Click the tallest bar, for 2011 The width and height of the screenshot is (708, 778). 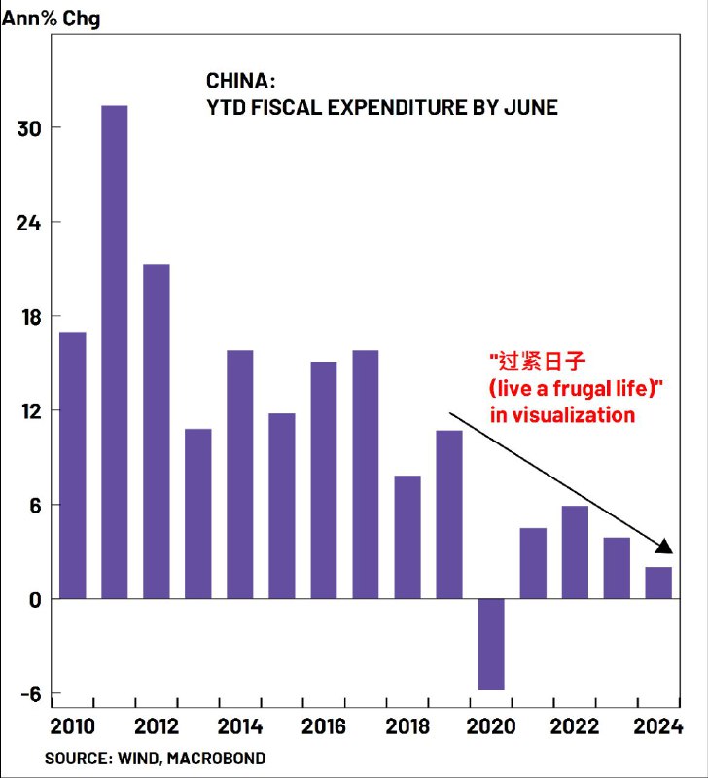[114, 351]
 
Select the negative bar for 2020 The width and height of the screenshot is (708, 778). [490, 644]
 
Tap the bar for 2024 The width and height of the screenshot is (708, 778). [658, 583]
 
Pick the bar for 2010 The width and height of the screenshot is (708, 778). [72, 465]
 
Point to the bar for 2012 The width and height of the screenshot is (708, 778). [156, 431]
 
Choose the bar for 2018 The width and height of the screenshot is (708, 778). [407, 537]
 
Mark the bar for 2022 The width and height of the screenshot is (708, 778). [575, 551]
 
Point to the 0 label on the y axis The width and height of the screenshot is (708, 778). [33, 599]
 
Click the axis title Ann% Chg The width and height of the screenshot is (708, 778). [51, 18]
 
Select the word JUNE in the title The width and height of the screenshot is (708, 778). [529, 107]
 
